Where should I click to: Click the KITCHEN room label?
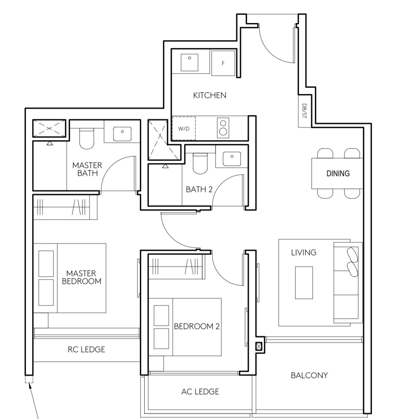point(209,95)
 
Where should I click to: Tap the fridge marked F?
point(223,63)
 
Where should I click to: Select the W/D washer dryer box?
point(184,128)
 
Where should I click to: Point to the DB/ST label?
point(304,111)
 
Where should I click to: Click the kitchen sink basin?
point(189,63)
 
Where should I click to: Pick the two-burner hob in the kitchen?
point(223,128)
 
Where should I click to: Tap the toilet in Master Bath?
point(87,139)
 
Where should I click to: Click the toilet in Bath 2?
point(200,163)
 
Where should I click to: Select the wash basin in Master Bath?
point(122,134)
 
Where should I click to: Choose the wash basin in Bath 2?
point(232,159)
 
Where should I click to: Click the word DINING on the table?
point(338,173)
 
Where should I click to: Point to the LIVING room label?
point(304,252)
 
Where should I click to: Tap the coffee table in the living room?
point(304,283)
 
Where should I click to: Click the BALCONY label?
point(309,375)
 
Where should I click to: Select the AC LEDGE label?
point(200,391)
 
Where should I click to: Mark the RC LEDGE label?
point(87,349)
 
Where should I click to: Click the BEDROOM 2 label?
point(197,326)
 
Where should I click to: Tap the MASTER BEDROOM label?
point(81,277)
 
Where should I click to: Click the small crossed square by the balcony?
point(259,347)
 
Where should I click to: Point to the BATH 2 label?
point(199,189)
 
